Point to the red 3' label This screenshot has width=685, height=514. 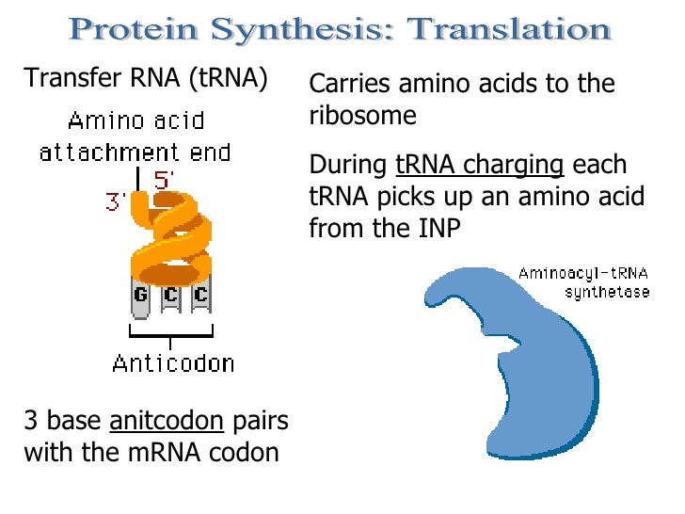(117, 201)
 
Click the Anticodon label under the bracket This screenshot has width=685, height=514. (173, 362)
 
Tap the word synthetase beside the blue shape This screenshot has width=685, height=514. (607, 292)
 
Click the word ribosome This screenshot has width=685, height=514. (361, 116)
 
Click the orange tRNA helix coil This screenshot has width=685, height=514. (170, 234)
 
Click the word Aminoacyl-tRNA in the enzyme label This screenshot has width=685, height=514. (582, 274)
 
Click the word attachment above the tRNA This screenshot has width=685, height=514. (98, 152)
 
